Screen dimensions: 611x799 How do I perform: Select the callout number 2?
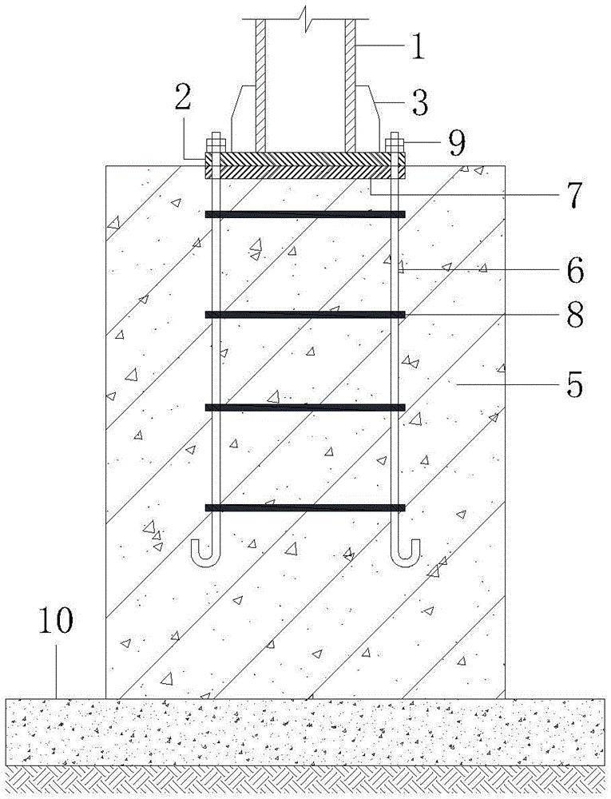coord(183,97)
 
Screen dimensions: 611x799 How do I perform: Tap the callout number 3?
coord(419,101)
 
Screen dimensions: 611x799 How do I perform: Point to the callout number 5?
coord(573,385)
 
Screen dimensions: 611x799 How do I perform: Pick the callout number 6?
coord(575,271)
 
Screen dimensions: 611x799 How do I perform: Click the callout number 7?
coord(573,195)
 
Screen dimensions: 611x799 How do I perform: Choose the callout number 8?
coord(573,314)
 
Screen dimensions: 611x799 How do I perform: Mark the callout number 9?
coord(456,144)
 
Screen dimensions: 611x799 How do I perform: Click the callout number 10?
coord(56,621)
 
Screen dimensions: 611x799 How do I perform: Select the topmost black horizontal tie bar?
coord(305,214)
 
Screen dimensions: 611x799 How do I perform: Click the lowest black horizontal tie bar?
coord(305,507)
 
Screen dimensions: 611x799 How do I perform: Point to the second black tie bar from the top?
coord(305,315)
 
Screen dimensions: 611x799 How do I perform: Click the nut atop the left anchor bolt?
coord(215,143)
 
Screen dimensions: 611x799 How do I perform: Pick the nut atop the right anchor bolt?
coord(395,143)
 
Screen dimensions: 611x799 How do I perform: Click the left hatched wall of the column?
coord(261,85)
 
